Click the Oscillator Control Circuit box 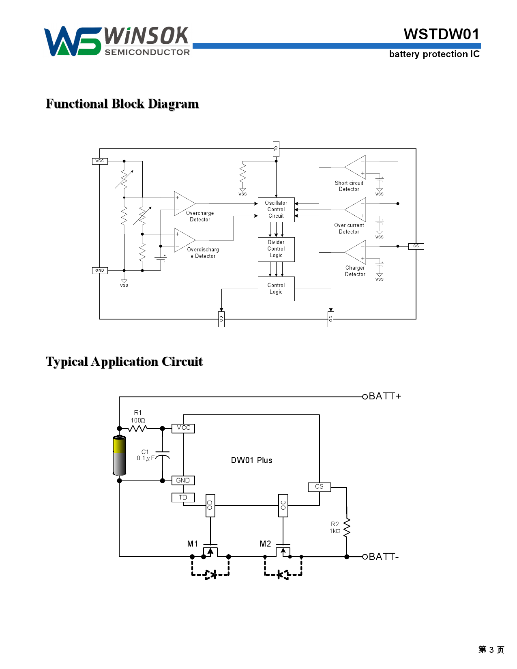[276, 209]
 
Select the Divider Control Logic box [276, 249]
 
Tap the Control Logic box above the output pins [276, 289]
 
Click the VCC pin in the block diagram [100, 161]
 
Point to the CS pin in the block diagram [416, 246]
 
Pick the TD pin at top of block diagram [276, 149]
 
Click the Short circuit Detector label [349, 186]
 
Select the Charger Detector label [355, 271]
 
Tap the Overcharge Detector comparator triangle [183, 204]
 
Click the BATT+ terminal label [385, 396]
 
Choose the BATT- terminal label [384, 557]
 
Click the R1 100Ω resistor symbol [138, 428]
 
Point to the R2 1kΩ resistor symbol [347, 528]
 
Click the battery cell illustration [120, 455]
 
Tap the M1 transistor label [193, 544]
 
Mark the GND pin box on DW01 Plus [183, 480]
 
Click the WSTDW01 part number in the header [442, 34]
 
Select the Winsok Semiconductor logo [117, 41]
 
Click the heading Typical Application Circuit [124, 362]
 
